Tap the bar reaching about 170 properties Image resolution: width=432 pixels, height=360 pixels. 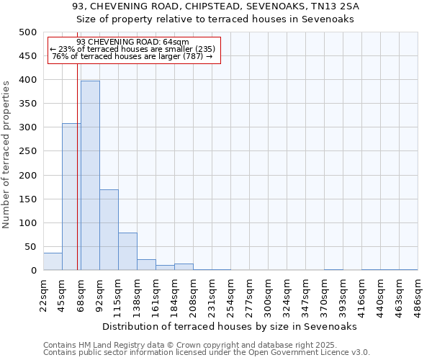pyautogui.click(x=109, y=230)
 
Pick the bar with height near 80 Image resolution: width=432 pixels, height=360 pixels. pyautogui.click(x=127, y=252)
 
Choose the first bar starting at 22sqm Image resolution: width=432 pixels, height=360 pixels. pyautogui.click(x=53, y=262)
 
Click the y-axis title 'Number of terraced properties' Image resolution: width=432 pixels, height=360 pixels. pyautogui.click(x=6, y=154)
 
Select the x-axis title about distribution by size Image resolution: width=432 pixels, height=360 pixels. pyautogui.click(x=230, y=326)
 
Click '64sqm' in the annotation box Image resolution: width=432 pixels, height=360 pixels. pyautogui.click(x=176, y=42)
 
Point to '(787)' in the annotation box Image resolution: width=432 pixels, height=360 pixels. pyautogui.click(x=191, y=56)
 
